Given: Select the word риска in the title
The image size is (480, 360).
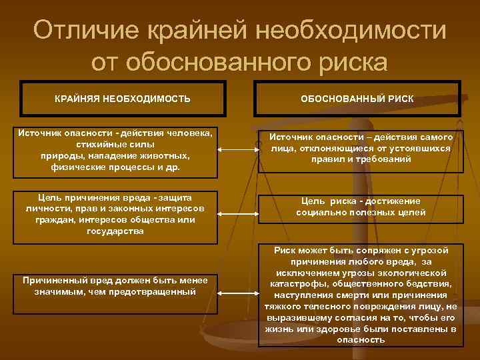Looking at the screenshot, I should (351, 62).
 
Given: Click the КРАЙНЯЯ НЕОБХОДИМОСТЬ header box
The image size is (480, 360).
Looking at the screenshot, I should (123, 99).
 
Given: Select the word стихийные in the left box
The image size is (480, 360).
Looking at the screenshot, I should (101, 144).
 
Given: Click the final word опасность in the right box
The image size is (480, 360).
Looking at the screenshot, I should (361, 340).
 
